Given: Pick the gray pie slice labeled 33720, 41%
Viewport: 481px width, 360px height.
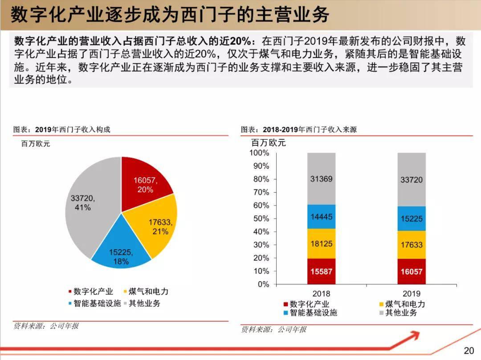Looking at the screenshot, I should click(x=89, y=205).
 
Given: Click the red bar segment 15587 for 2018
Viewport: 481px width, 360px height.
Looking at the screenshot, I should click(x=321, y=271).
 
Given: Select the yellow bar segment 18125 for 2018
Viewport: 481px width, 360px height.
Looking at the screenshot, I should click(x=321, y=244).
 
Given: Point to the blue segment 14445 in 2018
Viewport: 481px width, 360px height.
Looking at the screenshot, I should click(x=321, y=217).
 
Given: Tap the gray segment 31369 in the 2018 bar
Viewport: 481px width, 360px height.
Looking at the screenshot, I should click(x=321, y=179).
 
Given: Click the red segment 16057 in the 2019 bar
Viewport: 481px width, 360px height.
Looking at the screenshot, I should click(x=412, y=271).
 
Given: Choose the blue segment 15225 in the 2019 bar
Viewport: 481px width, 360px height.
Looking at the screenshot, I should click(x=412, y=218).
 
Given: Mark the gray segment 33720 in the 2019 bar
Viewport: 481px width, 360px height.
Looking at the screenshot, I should click(x=412, y=179).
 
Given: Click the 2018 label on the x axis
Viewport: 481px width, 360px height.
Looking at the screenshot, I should click(x=321, y=294).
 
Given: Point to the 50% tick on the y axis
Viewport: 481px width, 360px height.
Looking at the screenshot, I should click(x=261, y=218).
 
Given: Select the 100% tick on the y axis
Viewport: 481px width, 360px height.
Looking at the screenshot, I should click(x=260, y=153).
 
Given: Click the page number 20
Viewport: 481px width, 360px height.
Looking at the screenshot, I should click(x=469, y=350).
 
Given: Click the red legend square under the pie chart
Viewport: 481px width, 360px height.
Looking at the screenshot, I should click(x=69, y=292).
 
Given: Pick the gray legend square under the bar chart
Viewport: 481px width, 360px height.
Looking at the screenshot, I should click(x=381, y=313).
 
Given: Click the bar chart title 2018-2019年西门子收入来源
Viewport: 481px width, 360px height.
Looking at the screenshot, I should click(x=309, y=129).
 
